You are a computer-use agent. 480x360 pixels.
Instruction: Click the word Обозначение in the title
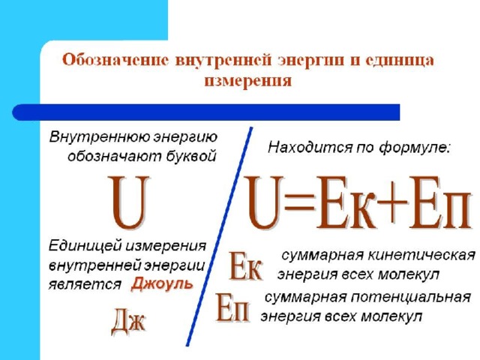115,60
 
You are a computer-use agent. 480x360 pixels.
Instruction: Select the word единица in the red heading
400,60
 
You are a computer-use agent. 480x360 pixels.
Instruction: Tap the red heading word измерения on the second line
247,81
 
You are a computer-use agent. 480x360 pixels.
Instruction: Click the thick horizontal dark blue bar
206,112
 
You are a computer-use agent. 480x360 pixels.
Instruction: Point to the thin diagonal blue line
219,237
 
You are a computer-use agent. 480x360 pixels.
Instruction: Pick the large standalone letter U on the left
130,203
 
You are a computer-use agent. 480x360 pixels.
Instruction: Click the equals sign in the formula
299,202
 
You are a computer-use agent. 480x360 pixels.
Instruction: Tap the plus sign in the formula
392,202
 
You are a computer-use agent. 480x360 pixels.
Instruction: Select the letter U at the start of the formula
264,202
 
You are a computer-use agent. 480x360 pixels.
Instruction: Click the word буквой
192,157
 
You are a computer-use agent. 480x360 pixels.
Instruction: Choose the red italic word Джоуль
162,284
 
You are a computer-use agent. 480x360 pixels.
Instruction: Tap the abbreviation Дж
128,322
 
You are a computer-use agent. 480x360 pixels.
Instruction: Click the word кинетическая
421,255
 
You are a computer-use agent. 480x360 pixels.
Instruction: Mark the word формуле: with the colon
415,148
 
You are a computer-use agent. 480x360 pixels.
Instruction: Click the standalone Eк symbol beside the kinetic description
245,266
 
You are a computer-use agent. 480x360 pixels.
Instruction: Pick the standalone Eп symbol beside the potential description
232,307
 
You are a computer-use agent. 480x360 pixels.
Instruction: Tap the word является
85,284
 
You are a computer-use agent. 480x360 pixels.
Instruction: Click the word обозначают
115,157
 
